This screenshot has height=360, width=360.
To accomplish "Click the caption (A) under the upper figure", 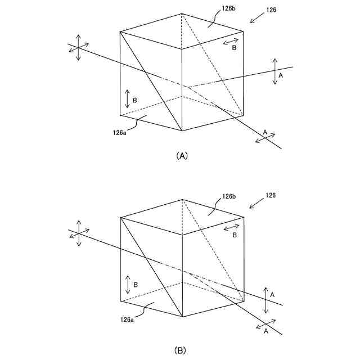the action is click(181, 156).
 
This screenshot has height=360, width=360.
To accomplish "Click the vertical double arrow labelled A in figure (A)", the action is click(274, 71).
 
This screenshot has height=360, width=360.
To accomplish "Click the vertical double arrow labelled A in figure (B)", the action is click(265, 300).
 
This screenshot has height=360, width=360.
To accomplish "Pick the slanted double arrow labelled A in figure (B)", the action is click(265, 325).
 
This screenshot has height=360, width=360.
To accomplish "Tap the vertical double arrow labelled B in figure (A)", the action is click(127, 99).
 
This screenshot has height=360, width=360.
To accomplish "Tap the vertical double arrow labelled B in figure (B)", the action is click(128, 285).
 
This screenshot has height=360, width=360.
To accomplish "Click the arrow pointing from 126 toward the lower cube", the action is click(255, 203).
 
